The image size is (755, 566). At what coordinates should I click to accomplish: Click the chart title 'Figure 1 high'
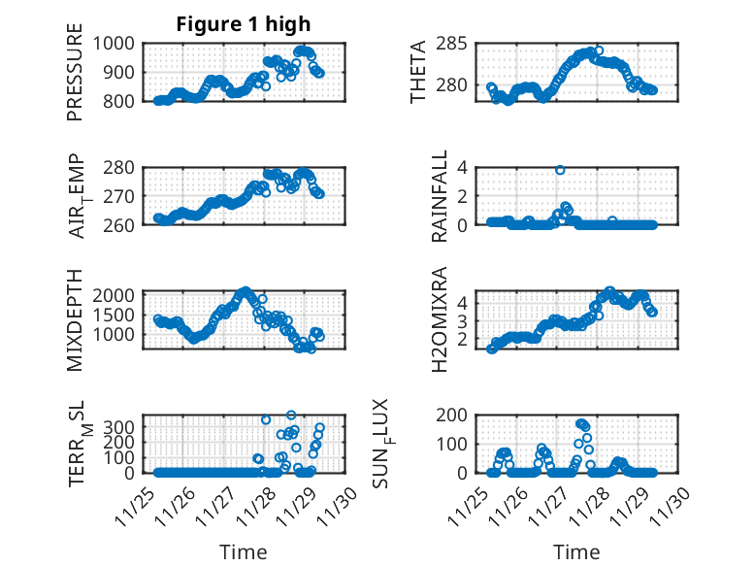pos(243,24)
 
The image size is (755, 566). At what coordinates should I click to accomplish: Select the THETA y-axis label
pos(419,72)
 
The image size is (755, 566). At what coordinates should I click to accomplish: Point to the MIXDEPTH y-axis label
pos(76,320)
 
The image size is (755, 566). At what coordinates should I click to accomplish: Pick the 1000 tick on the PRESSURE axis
pos(119,43)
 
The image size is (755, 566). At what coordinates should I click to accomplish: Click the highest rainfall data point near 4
pos(560,170)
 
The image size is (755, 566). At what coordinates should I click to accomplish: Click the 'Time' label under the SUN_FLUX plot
pos(576,551)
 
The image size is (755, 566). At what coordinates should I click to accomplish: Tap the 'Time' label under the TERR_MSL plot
pos(243,551)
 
